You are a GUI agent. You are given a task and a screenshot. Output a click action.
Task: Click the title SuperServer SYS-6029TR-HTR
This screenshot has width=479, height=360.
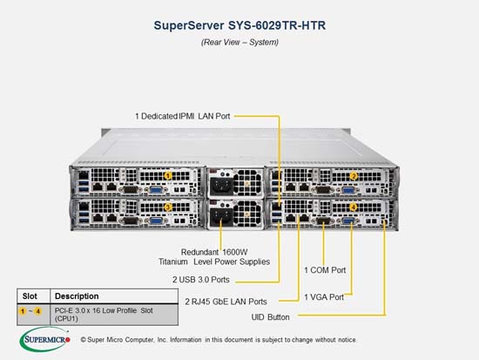click(x=239, y=25)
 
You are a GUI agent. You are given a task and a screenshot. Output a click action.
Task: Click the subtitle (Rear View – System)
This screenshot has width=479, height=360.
click(x=239, y=42)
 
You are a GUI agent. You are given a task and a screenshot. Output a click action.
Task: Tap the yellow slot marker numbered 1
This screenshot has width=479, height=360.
click(x=168, y=176)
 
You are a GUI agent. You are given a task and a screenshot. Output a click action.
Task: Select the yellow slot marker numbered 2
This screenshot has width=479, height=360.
click(x=354, y=176)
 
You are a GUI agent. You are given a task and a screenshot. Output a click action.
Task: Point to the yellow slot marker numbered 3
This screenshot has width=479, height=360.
click(x=168, y=207)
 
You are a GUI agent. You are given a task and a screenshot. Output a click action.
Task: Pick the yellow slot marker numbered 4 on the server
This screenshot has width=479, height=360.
click(x=353, y=207)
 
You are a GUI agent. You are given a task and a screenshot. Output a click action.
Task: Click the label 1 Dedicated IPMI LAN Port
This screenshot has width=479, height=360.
click(x=182, y=116)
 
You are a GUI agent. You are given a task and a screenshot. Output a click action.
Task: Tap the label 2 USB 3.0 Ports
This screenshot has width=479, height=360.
click(x=200, y=280)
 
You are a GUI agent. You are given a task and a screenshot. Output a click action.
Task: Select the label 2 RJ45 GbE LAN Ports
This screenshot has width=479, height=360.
click(x=226, y=302)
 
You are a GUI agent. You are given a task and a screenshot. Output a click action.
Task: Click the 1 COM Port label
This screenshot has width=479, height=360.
click(x=325, y=270)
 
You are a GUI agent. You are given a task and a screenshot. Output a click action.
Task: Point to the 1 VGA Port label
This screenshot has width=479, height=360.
click(x=324, y=297)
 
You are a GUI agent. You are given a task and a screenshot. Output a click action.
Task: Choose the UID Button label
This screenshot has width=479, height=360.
click(x=270, y=317)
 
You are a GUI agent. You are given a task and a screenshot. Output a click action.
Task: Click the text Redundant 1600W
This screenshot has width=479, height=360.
click(x=214, y=252)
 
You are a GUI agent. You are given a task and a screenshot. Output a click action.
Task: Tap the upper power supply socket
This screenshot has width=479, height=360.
click(x=221, y=184)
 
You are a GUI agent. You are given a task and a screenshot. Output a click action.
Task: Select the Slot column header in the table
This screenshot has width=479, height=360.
click(x=30, y=296)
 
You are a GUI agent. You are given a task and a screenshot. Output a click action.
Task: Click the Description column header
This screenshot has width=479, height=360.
click(x=77, y=296)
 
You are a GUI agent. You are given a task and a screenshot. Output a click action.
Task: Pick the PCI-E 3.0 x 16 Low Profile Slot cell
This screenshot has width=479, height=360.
click(x=104, y=315)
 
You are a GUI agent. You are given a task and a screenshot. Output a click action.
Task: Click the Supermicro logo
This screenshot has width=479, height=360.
click(x=45, y=339)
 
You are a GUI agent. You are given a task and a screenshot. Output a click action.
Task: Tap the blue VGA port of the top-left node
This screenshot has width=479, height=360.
click(x=156, y=190)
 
